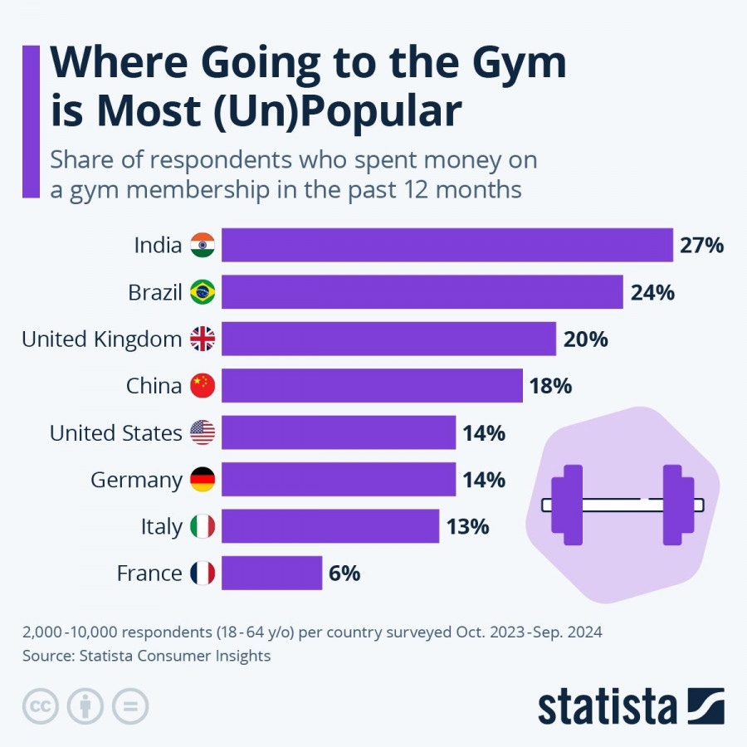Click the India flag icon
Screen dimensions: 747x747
[x=203, y=245]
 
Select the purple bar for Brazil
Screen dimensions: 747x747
[x=422, y=292]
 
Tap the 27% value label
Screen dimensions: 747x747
[x=702, y=246]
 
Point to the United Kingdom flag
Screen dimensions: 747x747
[x=203, y=339]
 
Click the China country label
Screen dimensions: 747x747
[x=154, y=386]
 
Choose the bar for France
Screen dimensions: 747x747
[x=271, y=574]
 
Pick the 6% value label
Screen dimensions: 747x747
[x=345, y=574]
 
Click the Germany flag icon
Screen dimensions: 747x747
[x=203, y=480]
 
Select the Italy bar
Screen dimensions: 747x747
[x=330, y=527]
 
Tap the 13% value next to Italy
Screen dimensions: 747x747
[x=468, y=527]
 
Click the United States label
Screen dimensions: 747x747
[x=115, y=433]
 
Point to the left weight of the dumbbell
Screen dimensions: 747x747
[x=569, y=505]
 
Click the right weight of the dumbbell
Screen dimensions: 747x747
[x=676, y=505]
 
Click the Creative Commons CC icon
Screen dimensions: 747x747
[x=40, y=706]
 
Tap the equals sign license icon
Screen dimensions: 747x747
[x=130, y=706]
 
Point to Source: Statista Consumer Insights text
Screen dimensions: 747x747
[x=146, y=656]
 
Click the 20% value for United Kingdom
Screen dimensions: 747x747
[x=585, y=339]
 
